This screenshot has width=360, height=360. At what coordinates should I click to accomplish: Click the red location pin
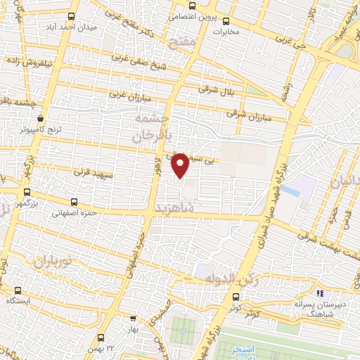pos(181,165)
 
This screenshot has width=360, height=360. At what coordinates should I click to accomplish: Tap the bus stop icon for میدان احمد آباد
pos(71,16)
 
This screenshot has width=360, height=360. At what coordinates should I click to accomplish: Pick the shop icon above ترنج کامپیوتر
pos(39,119)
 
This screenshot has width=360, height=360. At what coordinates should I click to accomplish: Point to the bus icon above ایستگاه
pos(18,290)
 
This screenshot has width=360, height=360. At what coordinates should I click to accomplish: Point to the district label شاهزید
pos(172,209)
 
